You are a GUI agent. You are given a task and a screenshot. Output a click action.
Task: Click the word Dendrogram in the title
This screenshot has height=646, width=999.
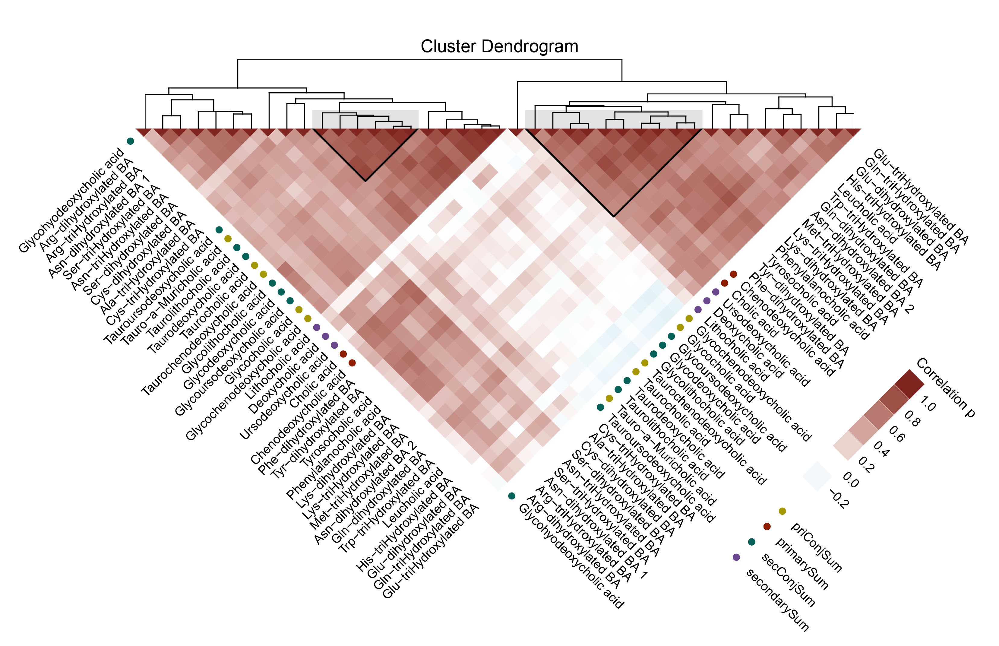530,46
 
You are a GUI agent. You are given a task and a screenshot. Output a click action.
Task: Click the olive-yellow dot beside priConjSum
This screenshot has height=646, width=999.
782,511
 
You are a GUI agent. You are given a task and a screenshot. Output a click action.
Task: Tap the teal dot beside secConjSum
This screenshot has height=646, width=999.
751,542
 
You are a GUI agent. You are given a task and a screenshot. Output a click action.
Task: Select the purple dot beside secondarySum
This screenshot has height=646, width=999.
736,557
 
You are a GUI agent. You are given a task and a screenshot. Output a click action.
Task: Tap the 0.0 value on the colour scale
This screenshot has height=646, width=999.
851,480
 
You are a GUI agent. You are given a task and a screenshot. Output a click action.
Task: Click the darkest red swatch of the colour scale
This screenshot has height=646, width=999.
909,384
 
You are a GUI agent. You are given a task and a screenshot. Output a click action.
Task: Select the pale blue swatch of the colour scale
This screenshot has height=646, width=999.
817,476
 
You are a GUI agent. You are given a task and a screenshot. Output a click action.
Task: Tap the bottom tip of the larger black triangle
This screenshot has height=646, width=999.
614,217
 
